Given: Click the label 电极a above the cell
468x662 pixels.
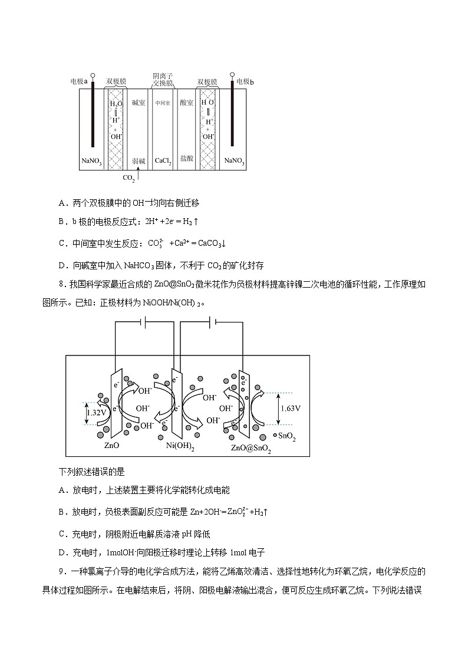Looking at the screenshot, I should tap(78, 81).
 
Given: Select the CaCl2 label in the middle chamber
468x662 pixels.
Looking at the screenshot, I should tap(163, 160).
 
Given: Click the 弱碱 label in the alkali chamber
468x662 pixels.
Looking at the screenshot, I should tap(139, 160).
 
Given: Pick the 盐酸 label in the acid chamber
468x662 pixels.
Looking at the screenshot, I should tap(186, 158).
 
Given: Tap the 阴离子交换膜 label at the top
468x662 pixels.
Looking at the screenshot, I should tap(163, 80).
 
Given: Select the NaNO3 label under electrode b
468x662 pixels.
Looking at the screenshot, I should tap(235, 160).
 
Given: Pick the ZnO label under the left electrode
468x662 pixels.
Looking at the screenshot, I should tap(112, 446).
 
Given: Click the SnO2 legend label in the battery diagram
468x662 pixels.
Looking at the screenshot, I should tap(286, 437).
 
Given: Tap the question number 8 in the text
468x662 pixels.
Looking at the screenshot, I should tap(61, 284).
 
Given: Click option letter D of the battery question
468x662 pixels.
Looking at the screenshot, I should tap(62, 552).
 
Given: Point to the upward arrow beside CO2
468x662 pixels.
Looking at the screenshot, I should tap(139, 172).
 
